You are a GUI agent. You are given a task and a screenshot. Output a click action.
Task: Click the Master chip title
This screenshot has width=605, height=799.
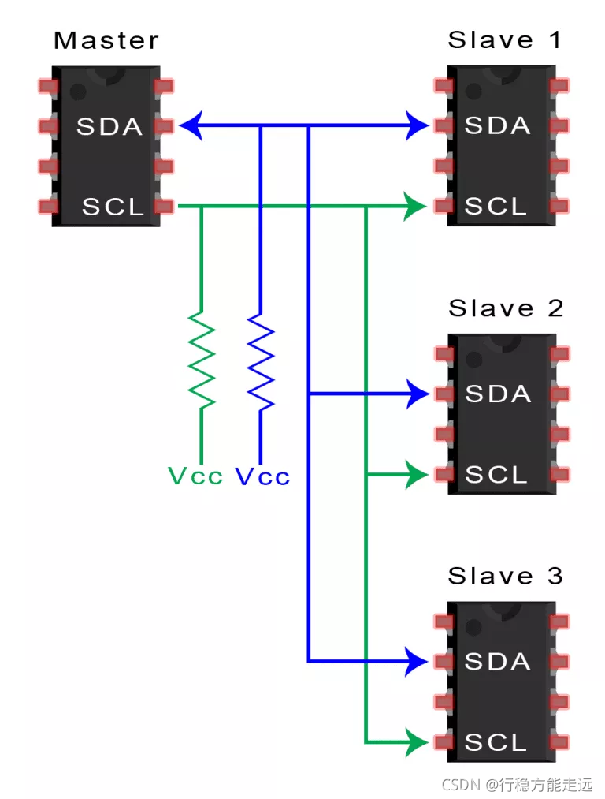pyautogui.click(x=106, y=40)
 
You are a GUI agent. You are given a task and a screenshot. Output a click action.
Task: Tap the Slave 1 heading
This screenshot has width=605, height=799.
pyautogui.click(x=504, y=40)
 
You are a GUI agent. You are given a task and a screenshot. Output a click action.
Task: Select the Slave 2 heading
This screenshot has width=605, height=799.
pyautogui.click(x=506, y=308)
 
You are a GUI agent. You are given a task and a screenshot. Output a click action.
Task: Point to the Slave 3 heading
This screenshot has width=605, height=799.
pyautogui.click(x=506, y=576)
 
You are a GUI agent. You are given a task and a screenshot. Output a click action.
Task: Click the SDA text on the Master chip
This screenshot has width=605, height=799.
pyautogui.click(x=109, y=126)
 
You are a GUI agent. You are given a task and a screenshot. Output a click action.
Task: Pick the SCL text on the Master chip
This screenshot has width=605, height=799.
pyautogui.click(x=113, y=207)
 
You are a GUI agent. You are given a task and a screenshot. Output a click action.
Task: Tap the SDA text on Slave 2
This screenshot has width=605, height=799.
pyautogui.click(x=498, y=394)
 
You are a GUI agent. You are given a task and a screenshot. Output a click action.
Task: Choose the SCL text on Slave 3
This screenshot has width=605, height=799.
pyautogui.click(x=496, y=742)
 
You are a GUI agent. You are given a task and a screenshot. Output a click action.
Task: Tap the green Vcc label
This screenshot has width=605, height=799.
pyautogui.click(x=195, y=476)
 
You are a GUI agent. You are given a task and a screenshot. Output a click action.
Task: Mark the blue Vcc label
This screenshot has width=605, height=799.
pyautogui.click(x=262, y=476)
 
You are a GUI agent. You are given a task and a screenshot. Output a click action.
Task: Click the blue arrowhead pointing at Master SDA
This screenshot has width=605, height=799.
pyautogui.click(x=191, y=125)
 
